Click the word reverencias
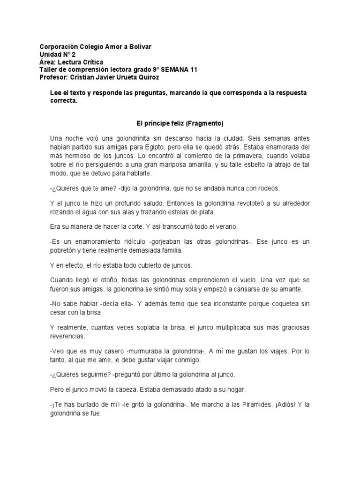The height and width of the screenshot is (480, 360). tap(67, 336)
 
